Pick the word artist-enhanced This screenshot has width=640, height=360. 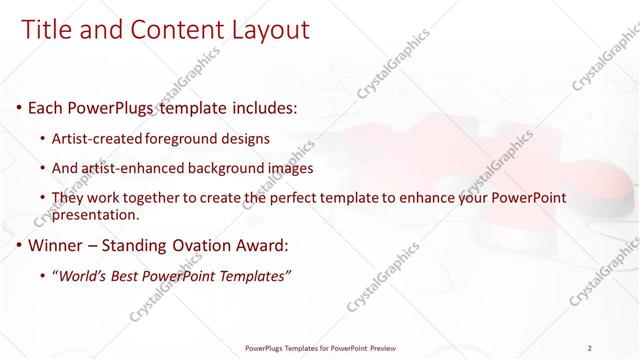click(x=137, y=168)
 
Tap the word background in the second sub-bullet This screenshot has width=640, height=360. click(x=233, y=168)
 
